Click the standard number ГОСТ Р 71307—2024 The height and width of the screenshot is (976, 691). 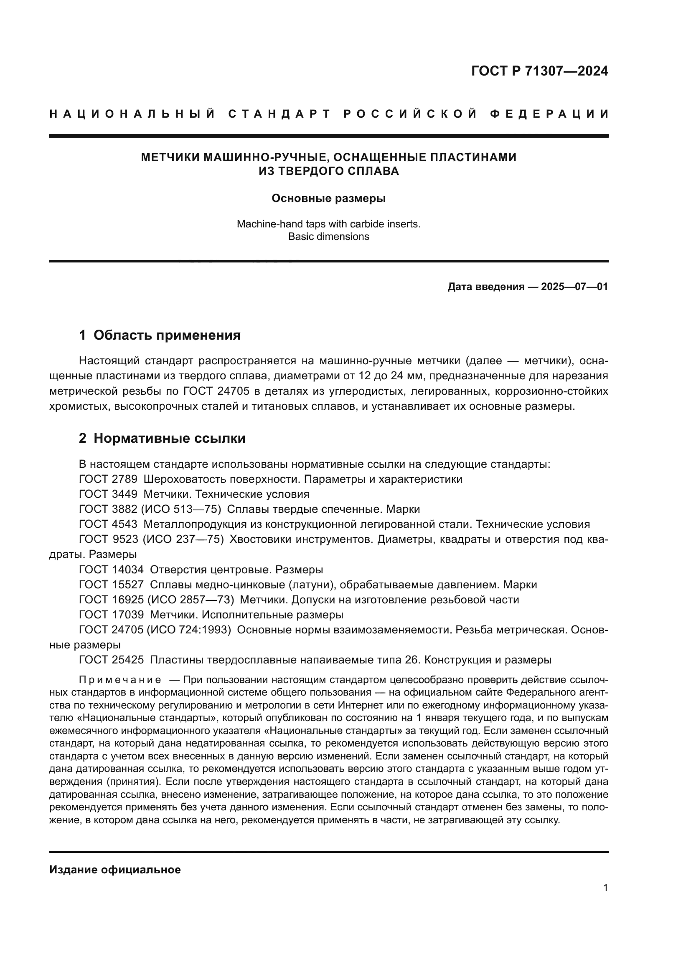click(x=539, y=71)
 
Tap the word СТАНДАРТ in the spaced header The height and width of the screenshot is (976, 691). click(x=279, y=114)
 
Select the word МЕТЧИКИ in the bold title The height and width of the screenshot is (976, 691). click(x=170, y=157)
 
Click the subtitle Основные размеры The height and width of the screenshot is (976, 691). click(x=328, y=199)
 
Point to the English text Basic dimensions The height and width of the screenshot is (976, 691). click(x=328, y=236)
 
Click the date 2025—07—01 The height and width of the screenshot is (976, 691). click(x=574, y=287)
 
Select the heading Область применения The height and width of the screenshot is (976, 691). click(x=167, y=335)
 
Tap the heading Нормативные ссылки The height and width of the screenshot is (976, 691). click(x=169, y=438)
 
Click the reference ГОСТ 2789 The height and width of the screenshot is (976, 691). click(x=108, y=479)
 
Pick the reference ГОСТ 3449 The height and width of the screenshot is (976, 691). click(x=108, y=494)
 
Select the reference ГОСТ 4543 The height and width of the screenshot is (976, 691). click(x=108, y=525)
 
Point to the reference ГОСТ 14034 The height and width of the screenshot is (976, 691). click(x=111, y=570)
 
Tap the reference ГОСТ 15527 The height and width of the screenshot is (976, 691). click(x=111, y=585)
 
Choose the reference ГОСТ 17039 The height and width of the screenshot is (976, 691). click(x=111, y=615)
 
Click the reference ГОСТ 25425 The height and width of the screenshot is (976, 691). click(x=111, y=660)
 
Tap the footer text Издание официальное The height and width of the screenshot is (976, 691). click(x=115, y=870)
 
